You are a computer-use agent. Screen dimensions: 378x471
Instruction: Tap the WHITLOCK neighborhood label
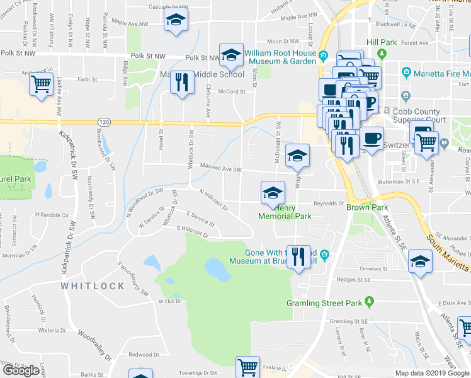click(93, 285)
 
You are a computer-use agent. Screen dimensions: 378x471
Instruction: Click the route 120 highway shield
click(103, 121)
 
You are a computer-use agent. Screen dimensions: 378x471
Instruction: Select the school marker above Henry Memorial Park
click(273, 192)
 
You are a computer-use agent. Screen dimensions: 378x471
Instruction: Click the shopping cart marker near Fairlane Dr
click(247, 367)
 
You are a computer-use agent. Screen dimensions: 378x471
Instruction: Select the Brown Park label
click(363, 207)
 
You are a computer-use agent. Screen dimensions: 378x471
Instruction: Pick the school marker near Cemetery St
click(420, 261)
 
